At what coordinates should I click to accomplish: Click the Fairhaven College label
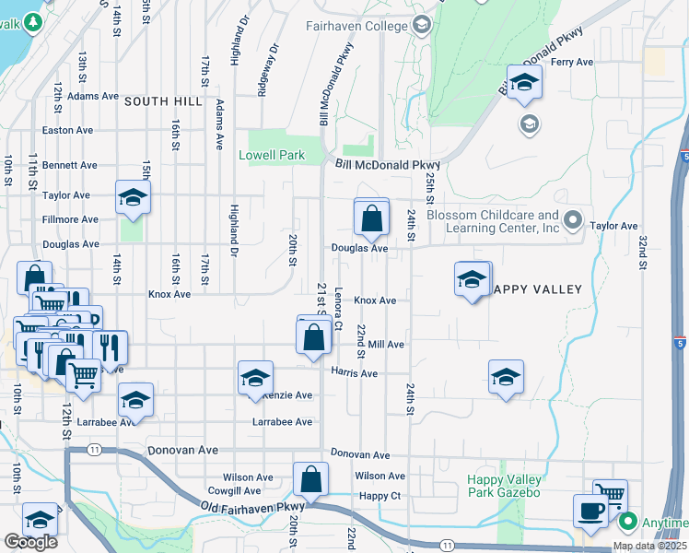pyautogui.click(x=356, y=26)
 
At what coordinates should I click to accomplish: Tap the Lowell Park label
pyautogui.click(x=272, y=156)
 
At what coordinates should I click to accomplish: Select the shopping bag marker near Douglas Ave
pyautogui.click(x=371, y=218)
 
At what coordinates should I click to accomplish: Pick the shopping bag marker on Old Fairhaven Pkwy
pyautogui.click(x=310, y=479)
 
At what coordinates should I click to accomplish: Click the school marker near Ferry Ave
pyautogui.click(x=524, y=83)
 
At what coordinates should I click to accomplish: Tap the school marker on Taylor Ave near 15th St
pyautogui.click(x=133, y=197)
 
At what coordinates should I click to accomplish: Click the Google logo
pyautogui.click(x=30, y=542)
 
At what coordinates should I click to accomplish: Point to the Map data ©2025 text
pyautogui.click(x=649, y=546)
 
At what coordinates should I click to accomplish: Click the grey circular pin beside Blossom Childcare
pyautogui.click(x=572, y=220)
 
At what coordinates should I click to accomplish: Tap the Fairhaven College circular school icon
pyautogui.click(x=422, y=25)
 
